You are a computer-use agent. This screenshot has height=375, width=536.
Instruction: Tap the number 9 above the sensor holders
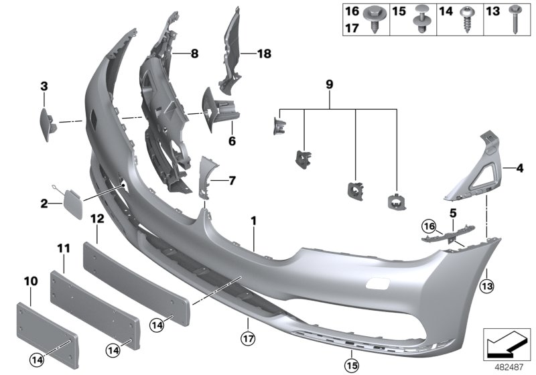pyautogui.click(x=329, y=85)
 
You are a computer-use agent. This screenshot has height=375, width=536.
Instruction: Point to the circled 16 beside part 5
pyautogui.click(x=428, y=224)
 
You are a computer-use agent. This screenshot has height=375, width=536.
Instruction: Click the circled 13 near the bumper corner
pyautogui.click(x=486, y=288)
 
